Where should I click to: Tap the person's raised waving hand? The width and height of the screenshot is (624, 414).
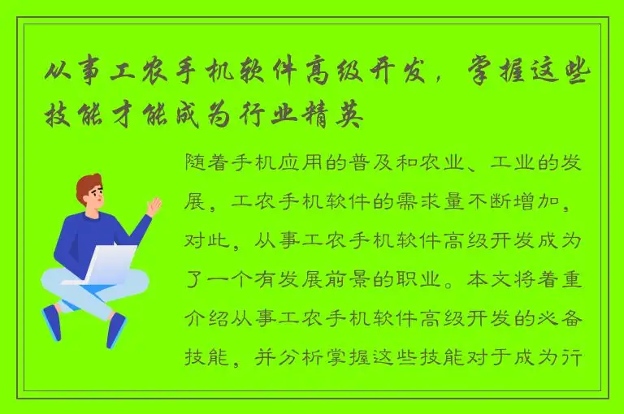[x=154, y=206]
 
